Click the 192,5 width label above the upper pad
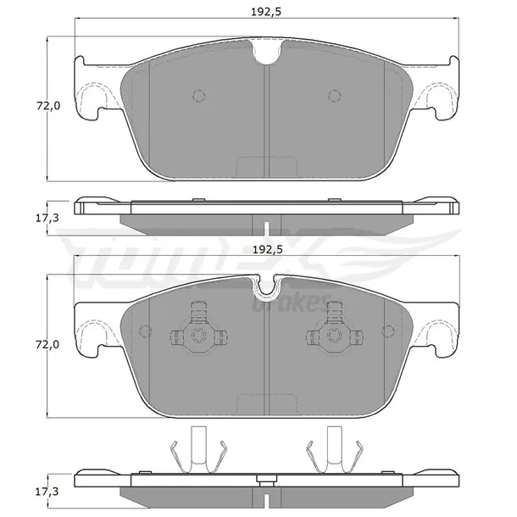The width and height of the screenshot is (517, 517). tap(266, 12)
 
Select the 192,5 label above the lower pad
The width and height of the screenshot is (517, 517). tap(268, 250)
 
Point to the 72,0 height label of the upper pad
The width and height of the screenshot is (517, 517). tap(48, 106)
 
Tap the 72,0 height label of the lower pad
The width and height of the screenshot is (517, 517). tap(47, 345)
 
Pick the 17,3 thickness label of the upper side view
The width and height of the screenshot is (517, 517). tap(47, 218)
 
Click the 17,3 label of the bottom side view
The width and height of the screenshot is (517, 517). tap(47, 492)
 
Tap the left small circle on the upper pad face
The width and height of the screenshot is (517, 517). tap(199, 96)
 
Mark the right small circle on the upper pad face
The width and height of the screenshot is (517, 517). tap(335, 96)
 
